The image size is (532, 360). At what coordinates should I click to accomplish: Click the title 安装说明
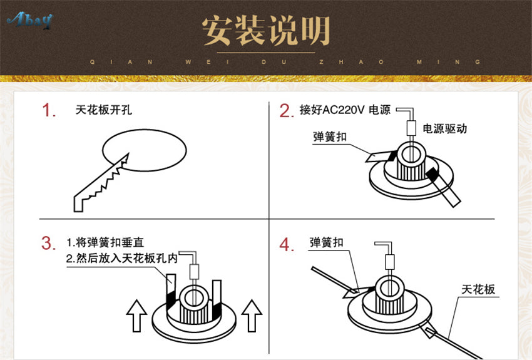(x=266, y=30)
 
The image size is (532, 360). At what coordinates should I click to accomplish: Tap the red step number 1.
(x=49, y=111)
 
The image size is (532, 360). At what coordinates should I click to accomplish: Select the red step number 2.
(x=286, y=111)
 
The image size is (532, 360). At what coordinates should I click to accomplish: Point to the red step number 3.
(x=48, y=243)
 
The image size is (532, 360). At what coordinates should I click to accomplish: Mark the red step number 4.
(x=286, y=245)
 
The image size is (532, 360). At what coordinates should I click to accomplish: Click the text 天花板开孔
(x=103, y=110)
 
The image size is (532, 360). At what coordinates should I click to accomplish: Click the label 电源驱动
(x=445, y=128)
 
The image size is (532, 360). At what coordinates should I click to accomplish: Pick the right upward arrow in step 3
(x=251, y=315)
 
